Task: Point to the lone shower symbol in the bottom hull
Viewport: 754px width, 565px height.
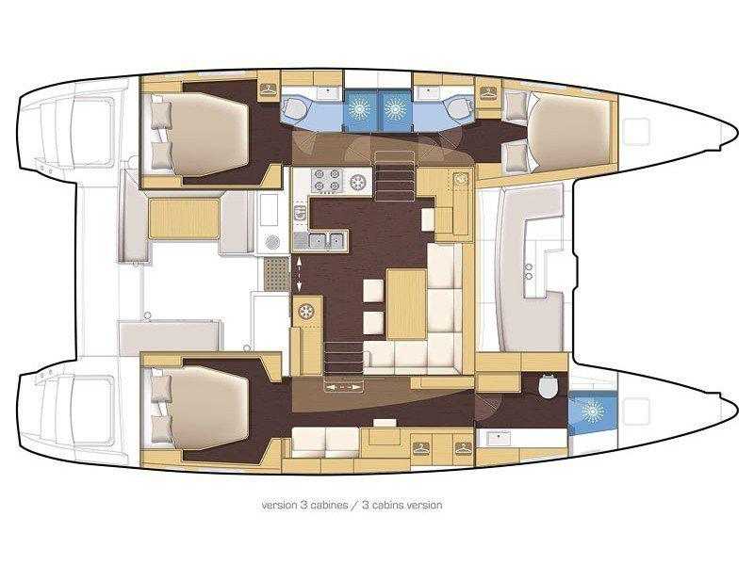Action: coord(592,411)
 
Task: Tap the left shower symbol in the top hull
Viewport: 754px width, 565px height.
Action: coord(360,108)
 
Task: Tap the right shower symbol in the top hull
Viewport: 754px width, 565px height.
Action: coord(394,108)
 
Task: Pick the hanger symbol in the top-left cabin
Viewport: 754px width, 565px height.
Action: coord(269,90)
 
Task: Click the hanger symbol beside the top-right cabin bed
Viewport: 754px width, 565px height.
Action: coord(488,91)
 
